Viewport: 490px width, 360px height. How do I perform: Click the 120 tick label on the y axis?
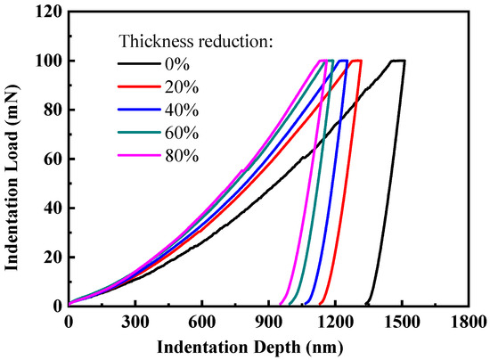(x=49, y=12)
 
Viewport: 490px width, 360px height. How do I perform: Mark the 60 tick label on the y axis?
(x=53, y=159)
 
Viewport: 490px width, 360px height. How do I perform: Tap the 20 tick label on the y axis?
(x=53, y=257)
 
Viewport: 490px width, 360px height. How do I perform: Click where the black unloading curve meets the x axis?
(x=366, y=304)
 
